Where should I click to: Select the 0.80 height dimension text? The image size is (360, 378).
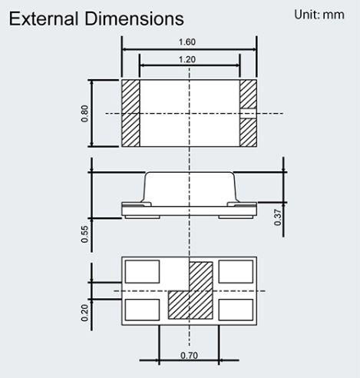tap(83, 113)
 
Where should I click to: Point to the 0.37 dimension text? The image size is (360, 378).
tap(277, 218)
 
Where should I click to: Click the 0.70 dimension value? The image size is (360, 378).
tap(188, 356)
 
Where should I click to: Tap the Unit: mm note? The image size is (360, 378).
tap(319, 15)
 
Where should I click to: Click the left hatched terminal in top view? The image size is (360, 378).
tap(130, 113)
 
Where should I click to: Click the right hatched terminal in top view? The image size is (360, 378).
tap(248, 113)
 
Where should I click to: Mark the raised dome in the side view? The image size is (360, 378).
tap(189, 188)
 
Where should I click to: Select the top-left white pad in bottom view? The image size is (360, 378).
tap(141, 272)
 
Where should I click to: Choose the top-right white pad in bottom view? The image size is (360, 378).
tap(236, 272)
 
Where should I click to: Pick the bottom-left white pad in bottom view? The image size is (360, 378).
tap(141, 309)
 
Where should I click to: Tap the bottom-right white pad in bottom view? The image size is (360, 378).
tap(236, 309)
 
